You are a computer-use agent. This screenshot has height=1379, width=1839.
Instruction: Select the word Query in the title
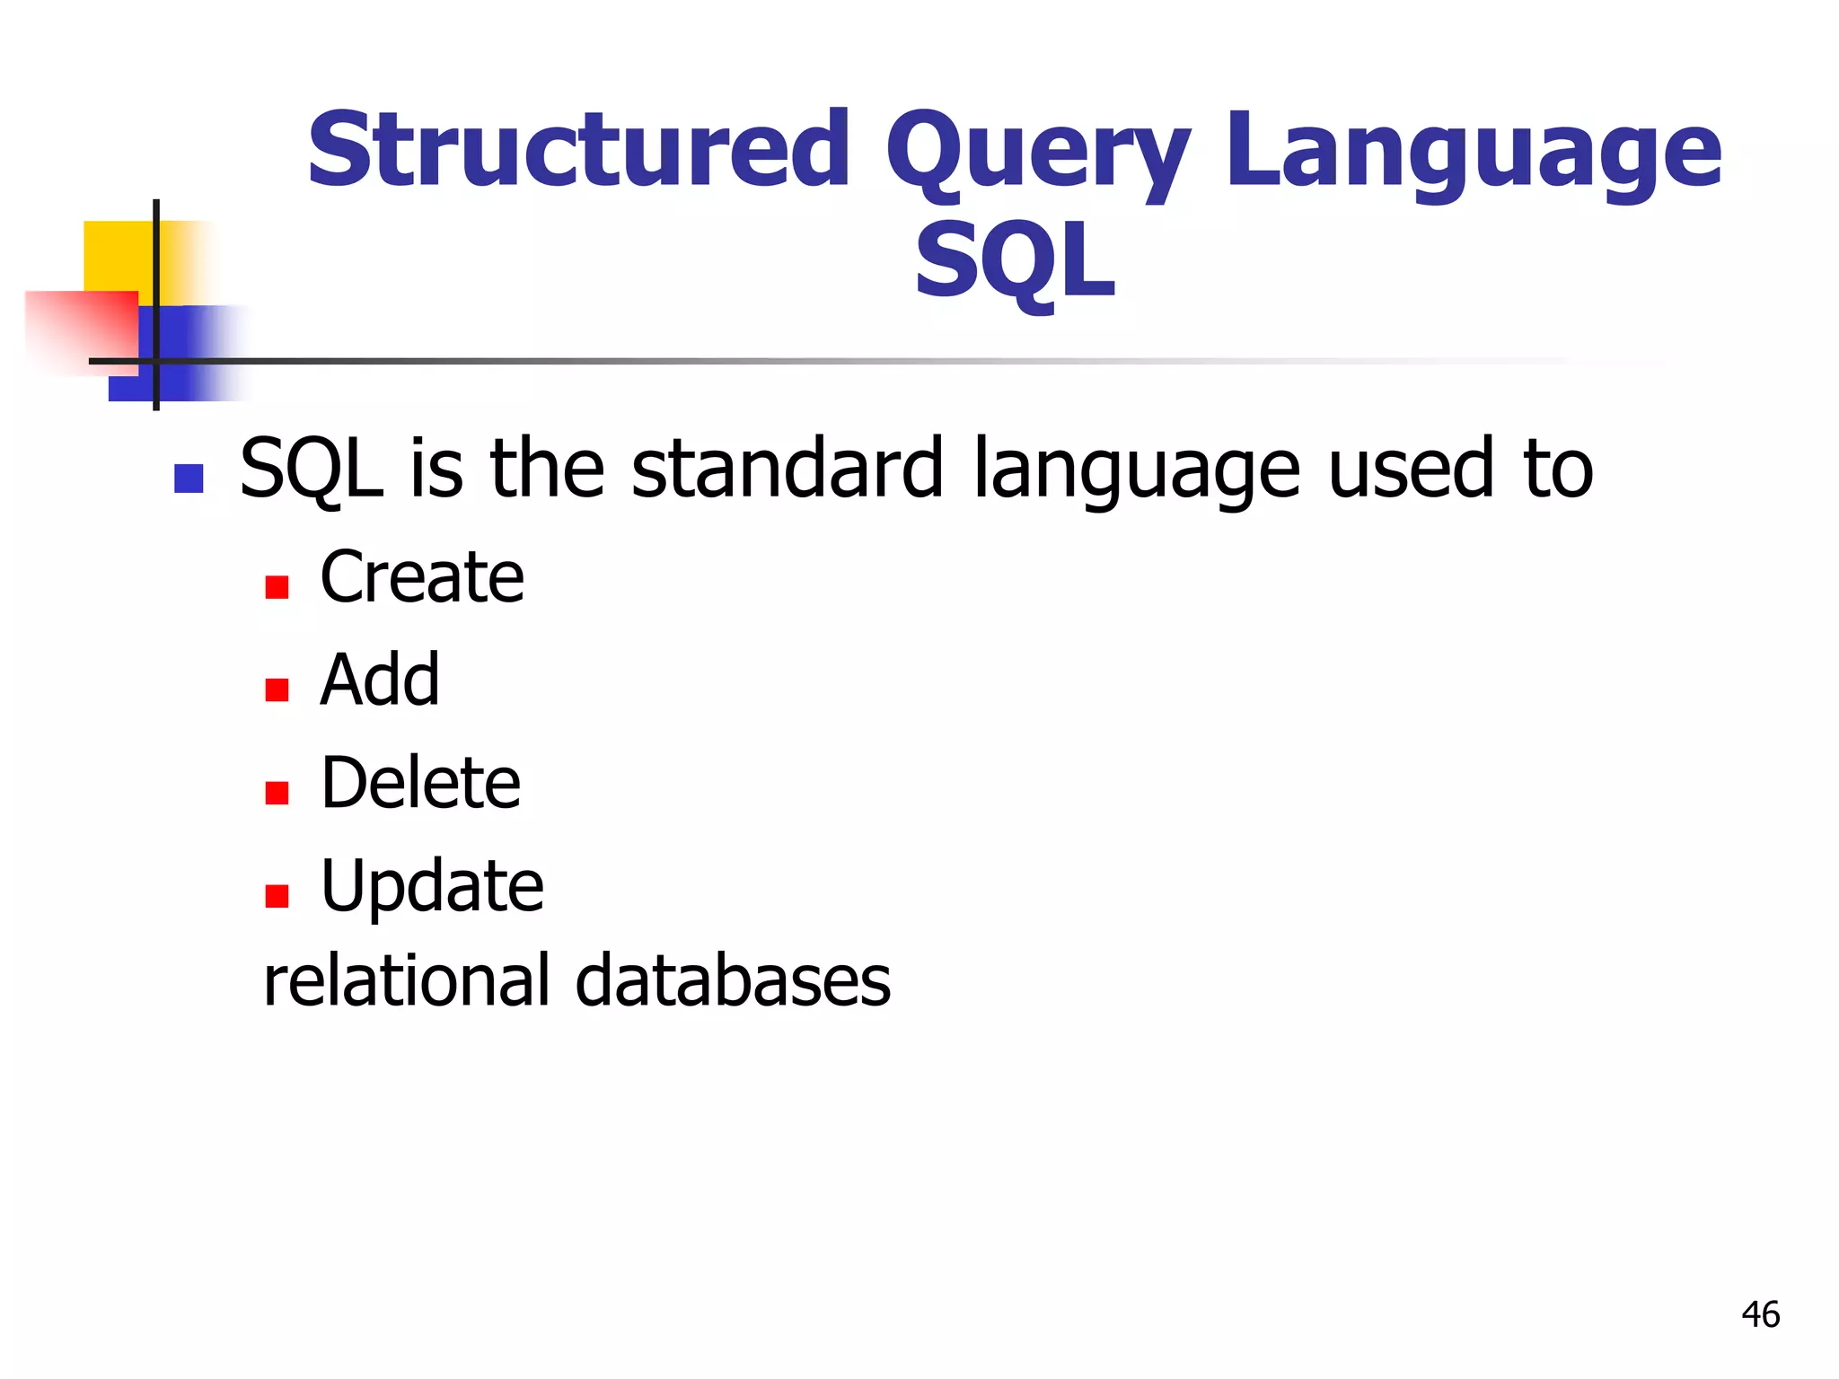point(1037,153)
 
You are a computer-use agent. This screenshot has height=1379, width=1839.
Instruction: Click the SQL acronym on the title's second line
point(1015,262)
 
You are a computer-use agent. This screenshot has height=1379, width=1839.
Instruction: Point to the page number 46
point(1760,1314)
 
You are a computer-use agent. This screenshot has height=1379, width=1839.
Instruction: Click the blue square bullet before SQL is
point(189,479)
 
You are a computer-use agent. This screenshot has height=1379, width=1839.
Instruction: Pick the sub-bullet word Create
point(422,576)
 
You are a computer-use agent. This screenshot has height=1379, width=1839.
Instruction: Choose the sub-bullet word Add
point(380,680)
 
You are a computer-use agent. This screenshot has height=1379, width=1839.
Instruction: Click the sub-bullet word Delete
point(420,783)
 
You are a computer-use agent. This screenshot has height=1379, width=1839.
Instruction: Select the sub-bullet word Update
point(432,887)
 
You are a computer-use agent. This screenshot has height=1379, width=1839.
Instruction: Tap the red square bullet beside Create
point(277,587)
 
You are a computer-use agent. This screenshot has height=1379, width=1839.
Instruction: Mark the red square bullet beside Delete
point(277,793)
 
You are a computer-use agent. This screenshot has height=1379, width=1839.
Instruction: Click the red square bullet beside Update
point(277,896)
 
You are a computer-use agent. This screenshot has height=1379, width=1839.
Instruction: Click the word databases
point(733,980)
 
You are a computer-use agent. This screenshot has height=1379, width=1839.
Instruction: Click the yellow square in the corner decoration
point(117,255)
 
